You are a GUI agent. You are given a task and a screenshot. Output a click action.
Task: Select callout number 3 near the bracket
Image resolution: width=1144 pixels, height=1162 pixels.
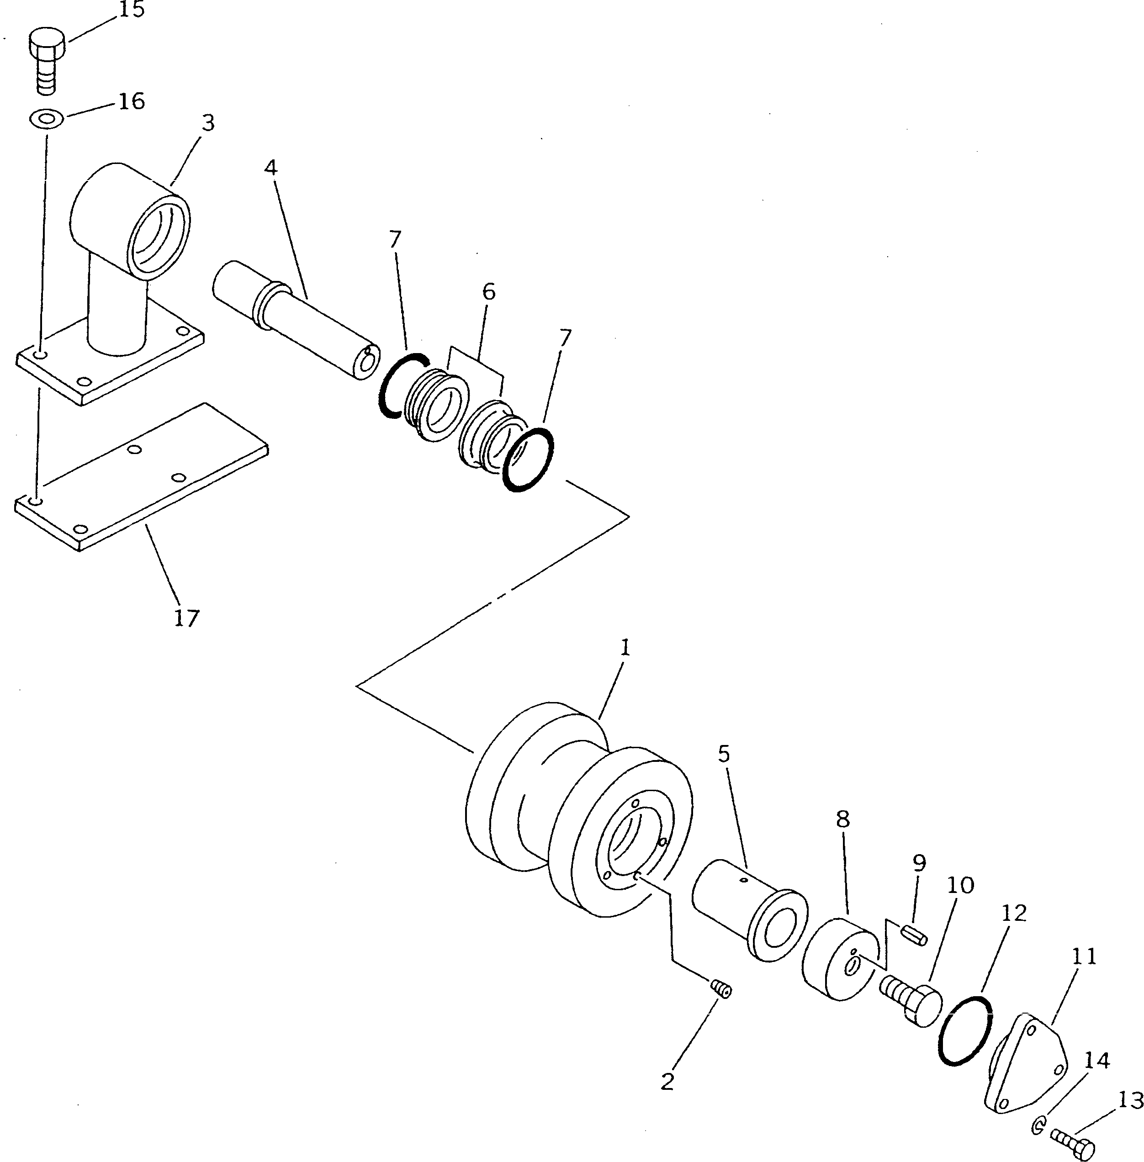pos(207,123)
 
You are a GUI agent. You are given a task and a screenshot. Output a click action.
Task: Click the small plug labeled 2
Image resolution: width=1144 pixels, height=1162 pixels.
pos(720,988)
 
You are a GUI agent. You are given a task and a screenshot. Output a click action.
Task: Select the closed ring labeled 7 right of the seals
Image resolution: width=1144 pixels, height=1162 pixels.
pos(528,460)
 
